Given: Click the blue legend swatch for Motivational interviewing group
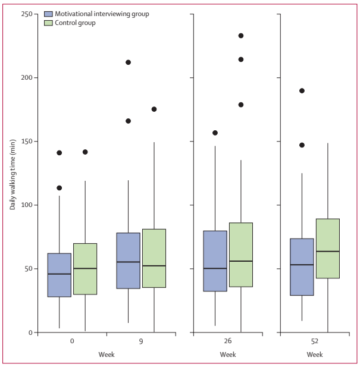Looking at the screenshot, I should (x=49, y=14).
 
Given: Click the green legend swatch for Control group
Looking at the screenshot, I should (x=49, y=23).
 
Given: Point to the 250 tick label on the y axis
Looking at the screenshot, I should (x=26, y=14).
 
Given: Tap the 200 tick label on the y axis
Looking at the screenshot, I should (x=26, y=78).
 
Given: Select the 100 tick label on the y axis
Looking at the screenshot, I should (x=26, y=205).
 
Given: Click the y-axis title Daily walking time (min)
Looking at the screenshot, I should (x=12, y=173).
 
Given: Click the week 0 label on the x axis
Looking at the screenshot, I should (x=71, y=342).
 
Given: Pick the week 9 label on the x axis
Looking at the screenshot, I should (x=141, y=342).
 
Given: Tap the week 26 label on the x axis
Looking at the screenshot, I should (x=228, y=342).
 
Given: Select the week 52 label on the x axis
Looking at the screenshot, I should (x=315, y=342).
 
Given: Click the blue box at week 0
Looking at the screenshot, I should (x=59, y=275).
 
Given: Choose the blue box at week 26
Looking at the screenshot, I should (x=215, y=261).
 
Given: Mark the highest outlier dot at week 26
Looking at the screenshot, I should (x=241, y=36).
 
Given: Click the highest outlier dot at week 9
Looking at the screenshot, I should (x=128, y=62).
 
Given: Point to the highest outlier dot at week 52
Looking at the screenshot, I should (x=302, y=91).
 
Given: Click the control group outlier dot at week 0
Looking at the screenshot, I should (x=84, y=152).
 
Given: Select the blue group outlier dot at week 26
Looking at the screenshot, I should (x=215, y=133).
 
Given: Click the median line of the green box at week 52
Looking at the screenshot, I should (x=327, y=252).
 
